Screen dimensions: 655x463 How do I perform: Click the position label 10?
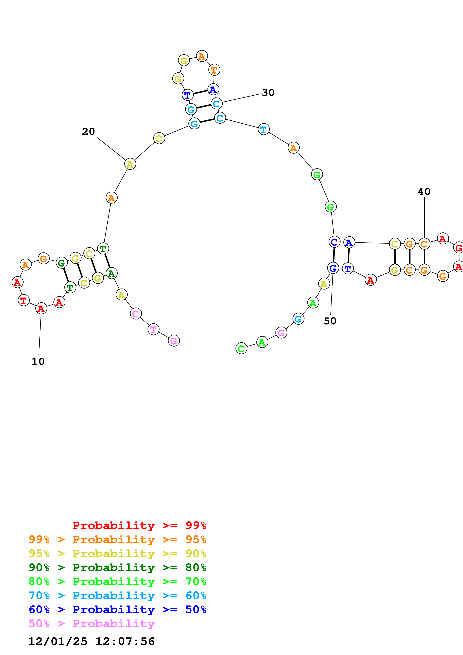pos(38,362)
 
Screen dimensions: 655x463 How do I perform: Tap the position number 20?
pos(88,131)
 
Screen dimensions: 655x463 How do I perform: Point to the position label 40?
pos(424,191)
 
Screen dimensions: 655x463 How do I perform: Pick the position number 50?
pos(330,321)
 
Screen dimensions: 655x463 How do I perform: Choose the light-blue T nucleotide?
pos(264,129)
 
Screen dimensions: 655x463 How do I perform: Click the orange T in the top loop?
pos(214,70)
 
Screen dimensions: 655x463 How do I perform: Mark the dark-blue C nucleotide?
pos(334,242)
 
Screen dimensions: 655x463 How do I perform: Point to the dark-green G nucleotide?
pos(62,263)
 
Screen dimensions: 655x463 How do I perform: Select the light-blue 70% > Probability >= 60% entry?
pos(117,595)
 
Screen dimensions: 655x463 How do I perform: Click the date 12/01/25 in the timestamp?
pos(58,641)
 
